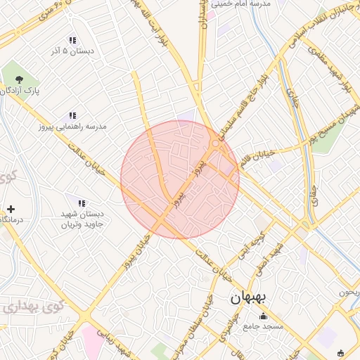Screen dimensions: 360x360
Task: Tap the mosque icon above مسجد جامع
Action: tap(264, 316)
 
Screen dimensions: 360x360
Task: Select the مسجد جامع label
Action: tap(263, 326)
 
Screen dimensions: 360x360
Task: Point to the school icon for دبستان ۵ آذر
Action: tap(72, 40)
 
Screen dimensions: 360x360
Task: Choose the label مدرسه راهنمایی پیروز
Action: tap(72, 127)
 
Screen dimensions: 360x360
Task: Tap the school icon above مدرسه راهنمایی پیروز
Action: tap(72, 115)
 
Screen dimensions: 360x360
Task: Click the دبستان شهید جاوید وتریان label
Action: tap(80, 219)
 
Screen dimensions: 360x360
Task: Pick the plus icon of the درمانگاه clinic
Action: tap(11, 209)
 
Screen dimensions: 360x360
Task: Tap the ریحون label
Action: tap(349, 291)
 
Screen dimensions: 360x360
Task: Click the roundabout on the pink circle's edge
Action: tap(216, 143)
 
